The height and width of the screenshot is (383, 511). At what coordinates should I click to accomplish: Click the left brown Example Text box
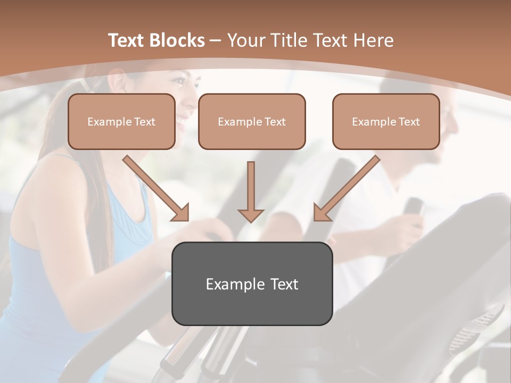click(x=121, y=121)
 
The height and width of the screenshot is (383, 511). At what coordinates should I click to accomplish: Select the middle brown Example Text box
click(x=252, y=121)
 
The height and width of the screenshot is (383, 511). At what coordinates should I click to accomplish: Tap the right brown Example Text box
click(x=386, y=121)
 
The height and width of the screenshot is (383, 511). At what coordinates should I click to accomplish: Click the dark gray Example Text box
click(x=252, y=284)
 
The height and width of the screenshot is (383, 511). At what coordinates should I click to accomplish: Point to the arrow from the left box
click(x=155, y=188)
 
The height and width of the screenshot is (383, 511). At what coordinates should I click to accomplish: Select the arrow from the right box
click(x=347, y=188)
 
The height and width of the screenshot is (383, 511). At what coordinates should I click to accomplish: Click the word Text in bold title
click(x=126, y=40)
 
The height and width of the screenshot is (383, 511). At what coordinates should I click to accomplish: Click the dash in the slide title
click(x=216, y=40)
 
